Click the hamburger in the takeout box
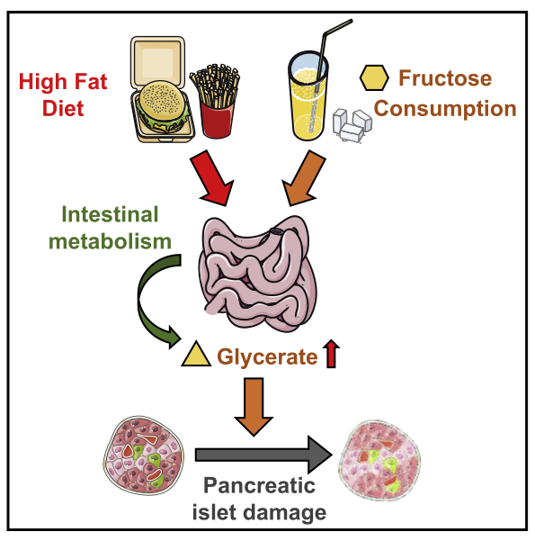tap(161, 106)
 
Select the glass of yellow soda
tap(308, 96)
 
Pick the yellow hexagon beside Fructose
tap(374, 78)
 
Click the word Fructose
tap(445, 78)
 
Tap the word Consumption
tap(445, 109)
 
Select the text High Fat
tap(63, 82)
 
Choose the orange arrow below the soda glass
tap(302, 177)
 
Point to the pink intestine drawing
tap(257, 274)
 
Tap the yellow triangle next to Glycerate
tap(196, 354)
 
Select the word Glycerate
tap(267, 356)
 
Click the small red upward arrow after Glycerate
tap(332, 353)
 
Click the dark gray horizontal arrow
tap(263, 455)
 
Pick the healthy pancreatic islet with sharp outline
tap(143, 455)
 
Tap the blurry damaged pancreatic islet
tap(379, 460)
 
